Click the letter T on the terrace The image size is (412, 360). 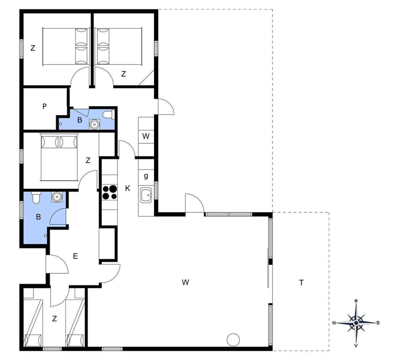pyautogui.click(x=302, y=282)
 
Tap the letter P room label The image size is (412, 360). pyautogui.click(x=45, y=106)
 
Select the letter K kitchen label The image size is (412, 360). pyautogui.click(x=127, y=188)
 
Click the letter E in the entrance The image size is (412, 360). pyautogui.click(x=75, y=256)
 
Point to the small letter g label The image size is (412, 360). pyautogui.click(x=146, y=175)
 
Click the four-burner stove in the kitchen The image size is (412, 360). pyautogui.click(x=109, y=192)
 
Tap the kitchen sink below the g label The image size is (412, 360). pyautogui.click(x=146, y=196)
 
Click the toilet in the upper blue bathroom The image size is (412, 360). pyautogui.click(x=109, y=115)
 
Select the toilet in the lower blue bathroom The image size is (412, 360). pyautogui.click(x=36, y=198)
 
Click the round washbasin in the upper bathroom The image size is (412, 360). pyautogui.click(x=94, y=124)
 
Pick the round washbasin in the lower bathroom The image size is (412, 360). pyautogui.click(x=57, y=197)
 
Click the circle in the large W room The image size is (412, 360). pyautogui.click(x=233, y=339)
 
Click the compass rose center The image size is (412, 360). pyautogui.click(x=356, y=323)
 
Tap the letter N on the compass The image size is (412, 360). pyautogui.click(x=334, y=323)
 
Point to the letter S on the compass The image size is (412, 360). pyautogui.click(x=378, y=323)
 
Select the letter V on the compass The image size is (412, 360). pyautogui.click(x=356, y=345)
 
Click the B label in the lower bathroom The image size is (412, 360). pyautogui.click(x=38, y=217)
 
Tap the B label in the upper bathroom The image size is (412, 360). pyautogui.click(x=79, y=120)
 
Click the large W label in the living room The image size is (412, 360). pyautogui.click(x=185, y=282)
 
